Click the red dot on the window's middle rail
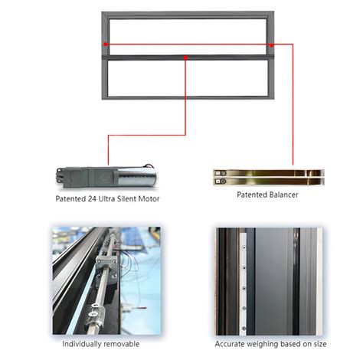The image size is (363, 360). tap(185, 57)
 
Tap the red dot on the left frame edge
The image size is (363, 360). tap(106, 44)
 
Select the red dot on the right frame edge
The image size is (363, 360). tap(272, 45)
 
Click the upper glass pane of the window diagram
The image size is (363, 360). tap(188, 36)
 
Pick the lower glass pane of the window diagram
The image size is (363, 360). tap(188, 78)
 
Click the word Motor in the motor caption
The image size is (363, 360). tap(149, 198)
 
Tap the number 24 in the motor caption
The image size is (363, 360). tap(92, 198)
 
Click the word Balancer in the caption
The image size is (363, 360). tap(283, 195)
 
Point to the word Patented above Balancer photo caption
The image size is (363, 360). tap(251, 195)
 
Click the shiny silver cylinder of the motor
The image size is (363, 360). tap(137, 177)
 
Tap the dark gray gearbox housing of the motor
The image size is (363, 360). tap(87, 178)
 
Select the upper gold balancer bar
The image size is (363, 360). tap(269, 173)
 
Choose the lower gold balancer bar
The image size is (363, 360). tap(269, 182)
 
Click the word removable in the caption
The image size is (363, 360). tap(122, 344)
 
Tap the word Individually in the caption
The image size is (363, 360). tap(82, 344)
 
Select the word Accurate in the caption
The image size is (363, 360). tap(229, 344)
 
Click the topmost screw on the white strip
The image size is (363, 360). tap(244, 247)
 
